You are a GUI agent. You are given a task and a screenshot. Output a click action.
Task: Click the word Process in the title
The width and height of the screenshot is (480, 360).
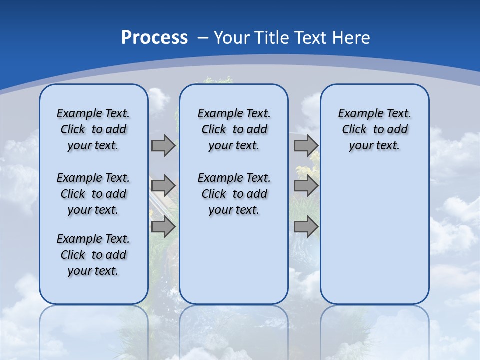(x=154, y=38)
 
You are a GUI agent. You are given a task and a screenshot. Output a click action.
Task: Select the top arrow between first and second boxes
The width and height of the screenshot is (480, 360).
(x=163, y=145)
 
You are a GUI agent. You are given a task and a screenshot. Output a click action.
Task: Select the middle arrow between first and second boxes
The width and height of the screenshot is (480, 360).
(x=163, y=186)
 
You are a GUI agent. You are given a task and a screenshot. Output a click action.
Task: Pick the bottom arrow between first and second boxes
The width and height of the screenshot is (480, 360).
(x=163, y=227)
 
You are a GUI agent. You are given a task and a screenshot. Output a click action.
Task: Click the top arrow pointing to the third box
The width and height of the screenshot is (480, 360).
(x=306, y=145)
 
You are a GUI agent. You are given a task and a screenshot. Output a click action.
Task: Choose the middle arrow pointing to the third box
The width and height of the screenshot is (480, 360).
(x=306, y=186)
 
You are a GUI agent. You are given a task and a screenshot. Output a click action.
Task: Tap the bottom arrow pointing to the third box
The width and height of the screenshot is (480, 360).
(x=306, y=227)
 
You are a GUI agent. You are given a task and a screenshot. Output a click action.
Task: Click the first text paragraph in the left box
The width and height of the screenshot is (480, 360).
(x=93, y=129)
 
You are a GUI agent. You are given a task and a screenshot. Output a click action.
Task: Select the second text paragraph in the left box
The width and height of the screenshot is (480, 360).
(x=93, y=194)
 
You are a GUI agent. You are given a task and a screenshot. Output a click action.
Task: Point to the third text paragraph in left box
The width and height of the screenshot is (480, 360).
(x=93, y=255)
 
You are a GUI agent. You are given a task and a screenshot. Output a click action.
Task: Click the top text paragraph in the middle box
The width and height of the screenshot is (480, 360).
(x=234, y=129)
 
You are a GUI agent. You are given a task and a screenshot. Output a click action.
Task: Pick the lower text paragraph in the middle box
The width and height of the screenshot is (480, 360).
(x=234, y=194)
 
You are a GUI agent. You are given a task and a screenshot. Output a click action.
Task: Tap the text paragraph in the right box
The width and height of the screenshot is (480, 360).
(x=374, y=129)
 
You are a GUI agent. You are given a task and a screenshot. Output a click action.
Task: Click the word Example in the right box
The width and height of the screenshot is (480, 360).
(x=357, y=113)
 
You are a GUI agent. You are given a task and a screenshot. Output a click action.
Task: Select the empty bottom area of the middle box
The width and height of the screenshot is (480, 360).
(x=234, y=265)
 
